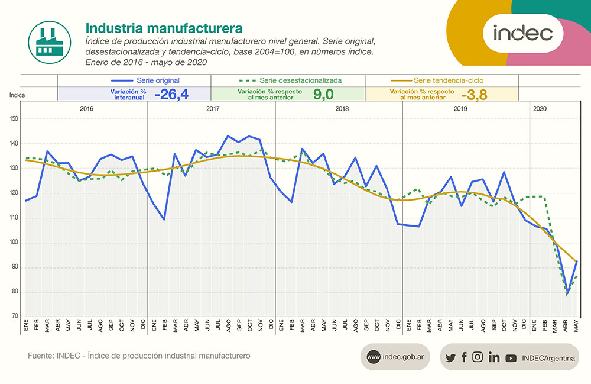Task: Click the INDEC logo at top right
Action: point(522,33)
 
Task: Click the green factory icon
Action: point(46,40)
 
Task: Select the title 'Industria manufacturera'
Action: point(163,28)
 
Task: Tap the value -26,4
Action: point(171,94)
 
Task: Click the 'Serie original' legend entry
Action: point(145,80)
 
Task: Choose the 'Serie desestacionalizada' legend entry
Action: point(289,80)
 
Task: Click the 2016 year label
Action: point(86,109)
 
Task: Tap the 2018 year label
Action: point(342,109)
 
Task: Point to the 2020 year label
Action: point(540,109)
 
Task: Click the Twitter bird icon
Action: point(450,357)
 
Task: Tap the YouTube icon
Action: point(511,357)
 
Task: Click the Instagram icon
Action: point(478,357)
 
